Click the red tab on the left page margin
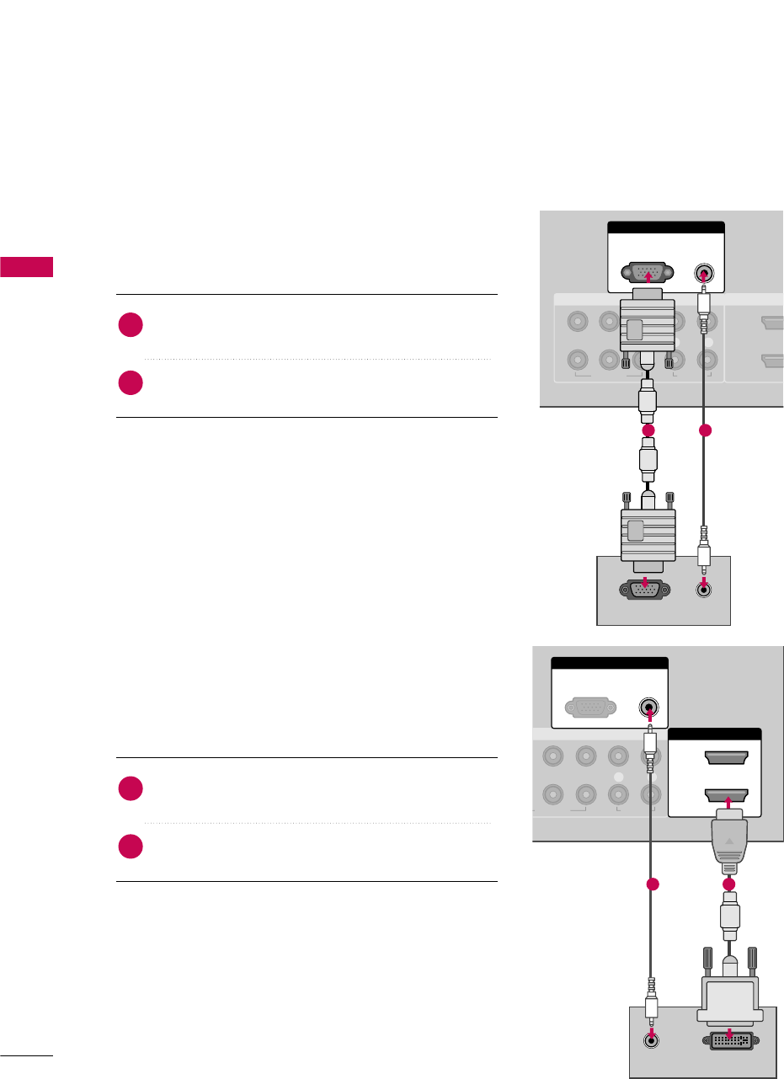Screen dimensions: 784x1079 [26, 267]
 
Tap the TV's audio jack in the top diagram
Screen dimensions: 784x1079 [705, 273]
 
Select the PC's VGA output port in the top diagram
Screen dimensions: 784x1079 [645, 591]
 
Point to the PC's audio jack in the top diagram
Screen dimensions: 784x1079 [705, 591]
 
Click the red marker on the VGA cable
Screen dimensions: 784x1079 [648, 430]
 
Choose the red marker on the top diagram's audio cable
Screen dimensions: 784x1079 [705, 430]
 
